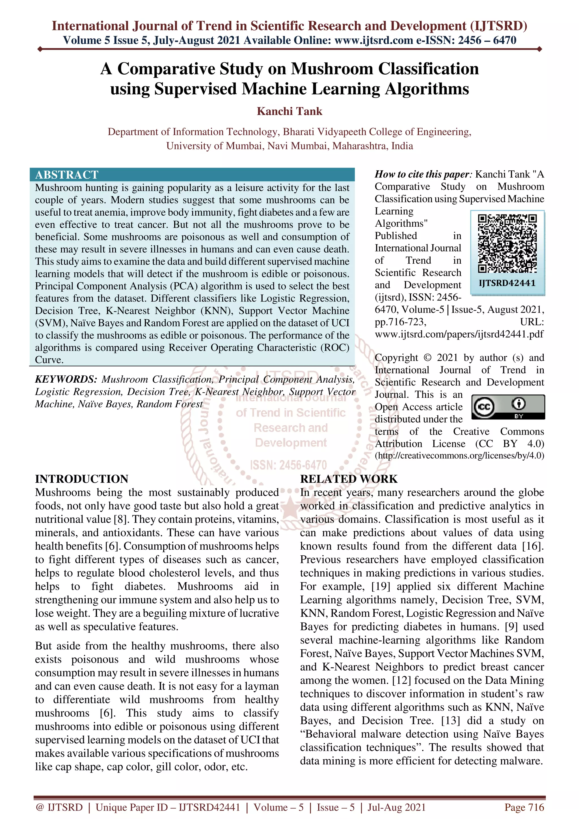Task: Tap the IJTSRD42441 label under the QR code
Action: tap(507, 283)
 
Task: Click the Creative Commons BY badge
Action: tap(508, 407)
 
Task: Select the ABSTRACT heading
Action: tap(67, 175)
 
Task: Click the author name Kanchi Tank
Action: tap(289, 111)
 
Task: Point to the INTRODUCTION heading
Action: tap(82, 479)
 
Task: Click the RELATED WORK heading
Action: tap(349, 479)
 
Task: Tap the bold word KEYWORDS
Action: tap(66, 379)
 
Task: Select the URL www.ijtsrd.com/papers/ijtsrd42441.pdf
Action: tap(459, 334)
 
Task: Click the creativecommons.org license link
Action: tap(459, 456)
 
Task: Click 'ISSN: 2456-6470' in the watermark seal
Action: tap(288, 465)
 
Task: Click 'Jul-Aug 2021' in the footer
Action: tap(396, 807)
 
